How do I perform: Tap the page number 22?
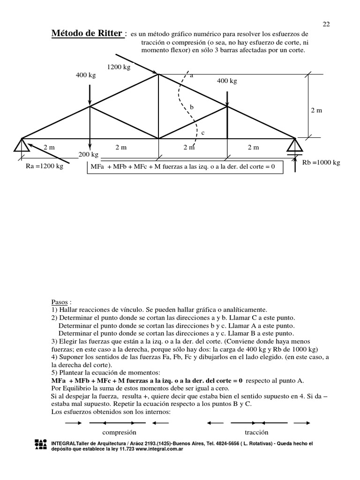327,24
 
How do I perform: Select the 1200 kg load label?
119,67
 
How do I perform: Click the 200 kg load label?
88,154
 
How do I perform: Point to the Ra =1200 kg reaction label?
45,166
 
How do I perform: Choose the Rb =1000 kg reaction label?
322,163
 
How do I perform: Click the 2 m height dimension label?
317,110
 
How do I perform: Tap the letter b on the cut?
191,107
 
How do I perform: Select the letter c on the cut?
202,133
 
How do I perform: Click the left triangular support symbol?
22,145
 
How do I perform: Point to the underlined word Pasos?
60,303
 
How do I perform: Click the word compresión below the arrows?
119,432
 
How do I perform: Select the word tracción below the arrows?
256,432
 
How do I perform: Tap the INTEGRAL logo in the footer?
41,445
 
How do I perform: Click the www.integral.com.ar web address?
159,449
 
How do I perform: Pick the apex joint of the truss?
158,74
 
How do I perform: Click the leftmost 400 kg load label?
85,75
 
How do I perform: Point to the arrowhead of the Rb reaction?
295,160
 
